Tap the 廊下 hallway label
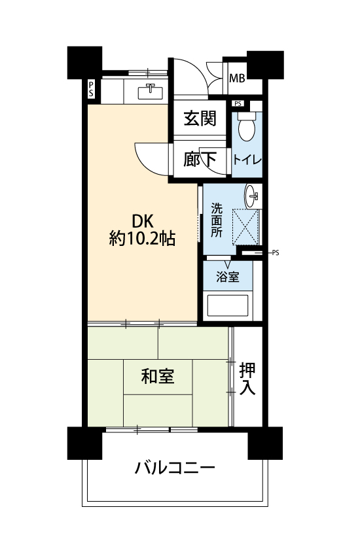click(x=200, y=159)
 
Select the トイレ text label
click(x=247, y=160)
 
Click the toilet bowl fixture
click(x=247, y=127)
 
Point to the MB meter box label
click(x=237, y=78)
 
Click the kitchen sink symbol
click(x=151, y=92)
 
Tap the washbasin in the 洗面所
click(x=253, y=196)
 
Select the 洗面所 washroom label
click(x=217, y=220)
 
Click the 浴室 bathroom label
click(x=228, y=277)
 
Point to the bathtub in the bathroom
click(x=228, y=305)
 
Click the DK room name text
click(x=143, y=222)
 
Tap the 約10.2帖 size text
click(x=142, y=239)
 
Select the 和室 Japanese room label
click(x=157, y=376)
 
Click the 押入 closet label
click(x=247, y=379)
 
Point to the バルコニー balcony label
click(x=175, y=468)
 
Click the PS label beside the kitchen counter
click(x=91, y=90)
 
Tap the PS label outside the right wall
click(x=276, y=253)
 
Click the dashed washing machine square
click(x=245, y=227)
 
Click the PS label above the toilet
click(x=238, y=104)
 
